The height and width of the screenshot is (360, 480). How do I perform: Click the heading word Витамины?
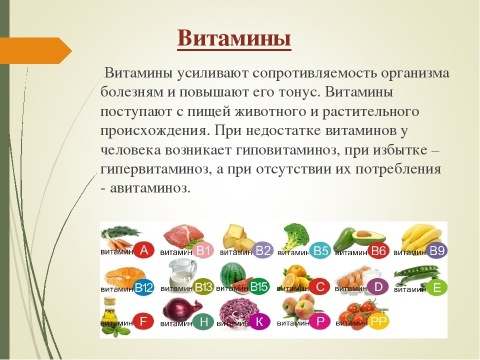[x=234, y=39]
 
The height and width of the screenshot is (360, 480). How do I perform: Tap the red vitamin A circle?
[x=143, y=250]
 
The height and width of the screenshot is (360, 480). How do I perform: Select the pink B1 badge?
[x=203, y=250]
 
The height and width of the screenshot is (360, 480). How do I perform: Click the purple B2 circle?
[x=263, y=250]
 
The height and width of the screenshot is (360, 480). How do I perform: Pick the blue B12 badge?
[x=143, y=287]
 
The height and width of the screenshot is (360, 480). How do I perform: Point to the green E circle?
[x=436, y=287]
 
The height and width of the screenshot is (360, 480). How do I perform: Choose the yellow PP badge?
[x=379, y=321]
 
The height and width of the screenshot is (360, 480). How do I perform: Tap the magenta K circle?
[x=259, y=321]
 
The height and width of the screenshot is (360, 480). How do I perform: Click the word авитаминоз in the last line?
[x=150, y=188]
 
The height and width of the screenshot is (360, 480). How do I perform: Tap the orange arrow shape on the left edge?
[x=36, y=50]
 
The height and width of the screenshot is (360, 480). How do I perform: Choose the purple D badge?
[x=378, y=287]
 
